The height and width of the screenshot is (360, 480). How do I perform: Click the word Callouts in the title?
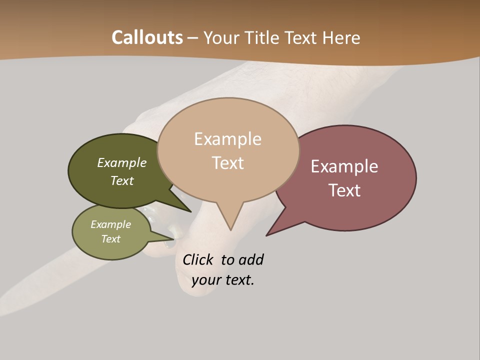coord(147,37)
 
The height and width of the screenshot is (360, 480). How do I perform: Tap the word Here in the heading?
coord(341,37)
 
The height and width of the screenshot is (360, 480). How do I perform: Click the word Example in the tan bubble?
coord(227,139)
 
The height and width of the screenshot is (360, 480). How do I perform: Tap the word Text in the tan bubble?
coord(227,163)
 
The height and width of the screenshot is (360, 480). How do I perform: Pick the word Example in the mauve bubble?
coord(344,166)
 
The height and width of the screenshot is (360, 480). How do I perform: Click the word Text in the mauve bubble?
coord(344,190)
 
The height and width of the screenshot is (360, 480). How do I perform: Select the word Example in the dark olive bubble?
coord(122,163)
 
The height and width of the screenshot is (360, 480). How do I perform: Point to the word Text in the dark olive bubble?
coord(122,181)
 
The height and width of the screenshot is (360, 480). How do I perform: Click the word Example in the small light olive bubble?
coord(111,224)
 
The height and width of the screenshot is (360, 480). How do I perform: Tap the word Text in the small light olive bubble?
coord(111,239)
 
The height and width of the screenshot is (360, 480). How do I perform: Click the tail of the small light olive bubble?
coord(167,237)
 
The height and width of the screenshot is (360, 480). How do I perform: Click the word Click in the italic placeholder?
coord(198,260)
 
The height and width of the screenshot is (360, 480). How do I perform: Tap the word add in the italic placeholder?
coord(251,260)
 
